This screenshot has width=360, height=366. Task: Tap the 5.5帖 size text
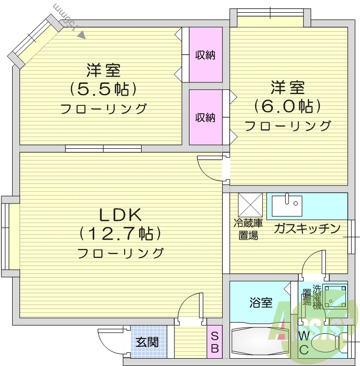tap(103, 89)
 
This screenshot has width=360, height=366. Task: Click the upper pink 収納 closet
tap(206, 55)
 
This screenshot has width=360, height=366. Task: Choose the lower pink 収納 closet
tap(206, 117)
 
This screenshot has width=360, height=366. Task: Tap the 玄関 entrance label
tap(147, 342)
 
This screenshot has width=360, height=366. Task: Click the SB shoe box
tap(214, 342)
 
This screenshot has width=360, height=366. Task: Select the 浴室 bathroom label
tap(261, 303)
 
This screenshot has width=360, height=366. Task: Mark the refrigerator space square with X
tap(250, 205)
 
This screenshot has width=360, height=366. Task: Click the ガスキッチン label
tap(307, 228)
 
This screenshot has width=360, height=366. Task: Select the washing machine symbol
tap(334, 298)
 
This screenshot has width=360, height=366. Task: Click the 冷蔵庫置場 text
tap(248, 229)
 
